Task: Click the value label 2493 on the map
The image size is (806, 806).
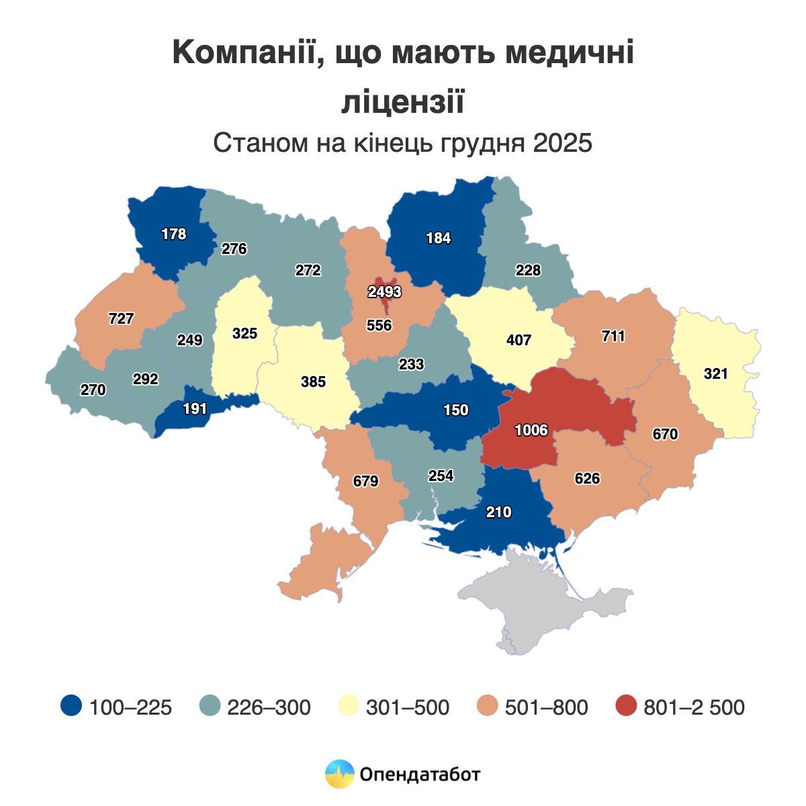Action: (x=384, y=292)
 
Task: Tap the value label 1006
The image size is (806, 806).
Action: (x=531, y=431)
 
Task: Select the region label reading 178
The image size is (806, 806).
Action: (x=174, y=234)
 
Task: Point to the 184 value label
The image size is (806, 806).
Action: (x=439, y=238)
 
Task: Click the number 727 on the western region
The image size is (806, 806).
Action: (x=121, y=319)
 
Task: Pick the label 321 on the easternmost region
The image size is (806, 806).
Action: (x=716, y=374)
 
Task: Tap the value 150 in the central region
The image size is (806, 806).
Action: (x=456, y=410)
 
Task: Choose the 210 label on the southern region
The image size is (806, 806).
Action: (x=498, y=512)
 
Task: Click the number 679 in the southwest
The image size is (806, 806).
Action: (x=366, y=482)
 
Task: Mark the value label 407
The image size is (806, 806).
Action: (x=519, y=340)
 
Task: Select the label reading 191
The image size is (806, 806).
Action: (x=195, y=408)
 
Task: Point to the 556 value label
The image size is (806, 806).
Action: (x=379, y=326)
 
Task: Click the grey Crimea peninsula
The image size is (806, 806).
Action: (x=537, y=604)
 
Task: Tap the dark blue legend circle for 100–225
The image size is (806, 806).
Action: (x=71, y=707)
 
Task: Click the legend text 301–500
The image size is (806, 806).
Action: (x=408, y=707)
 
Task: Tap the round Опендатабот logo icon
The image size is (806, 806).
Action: (x=339, y=774)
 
